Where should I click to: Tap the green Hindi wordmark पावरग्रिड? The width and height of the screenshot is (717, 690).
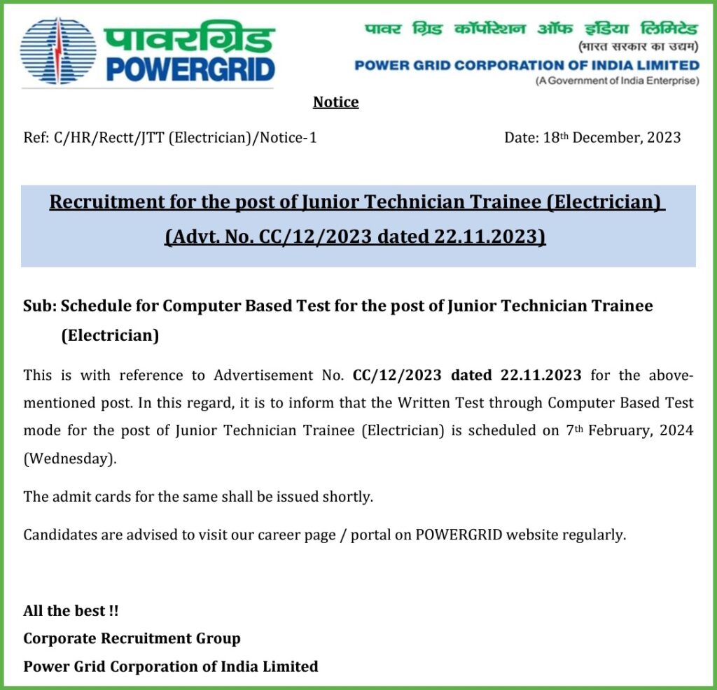pyautogui.click(x=188, y=38)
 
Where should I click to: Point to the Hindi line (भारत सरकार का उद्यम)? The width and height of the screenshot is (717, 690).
pyautogui.click(x=638, y=48)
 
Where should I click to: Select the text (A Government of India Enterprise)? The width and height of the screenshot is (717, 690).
pyautogui.click(x=617, y=81)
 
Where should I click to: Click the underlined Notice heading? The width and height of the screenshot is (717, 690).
pyautogui.click(x=336, y=102)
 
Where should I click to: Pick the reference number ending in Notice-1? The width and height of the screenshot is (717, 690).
pyautogui.click(x=170, y=138)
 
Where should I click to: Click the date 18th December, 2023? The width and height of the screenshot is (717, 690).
pyautogui.click(x=592, y=138)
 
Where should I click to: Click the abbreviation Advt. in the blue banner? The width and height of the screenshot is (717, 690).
pyautogui.click(x=188, y=237)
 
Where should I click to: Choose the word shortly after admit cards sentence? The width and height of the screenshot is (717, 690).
pyautogui.click(x=347, y=497)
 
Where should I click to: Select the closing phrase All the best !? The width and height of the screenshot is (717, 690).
pyautogui.click(x=71, y=610)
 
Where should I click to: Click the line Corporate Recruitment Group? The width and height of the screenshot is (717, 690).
pyautogui.click(x=132, y=638)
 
